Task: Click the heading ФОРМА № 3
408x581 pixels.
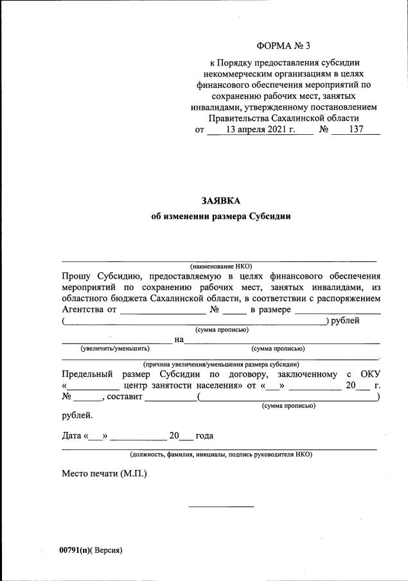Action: click(x=283, y=46)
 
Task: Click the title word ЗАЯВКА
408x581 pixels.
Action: click(x=220, y=201)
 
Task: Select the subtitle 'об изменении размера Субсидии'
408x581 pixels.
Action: click(x=220, y=216)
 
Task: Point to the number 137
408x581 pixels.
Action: click(x=356, y=130)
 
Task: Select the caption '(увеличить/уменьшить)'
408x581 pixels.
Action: click(x=115, y=349)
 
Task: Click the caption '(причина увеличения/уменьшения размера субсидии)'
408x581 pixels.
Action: click(x=220, y=364)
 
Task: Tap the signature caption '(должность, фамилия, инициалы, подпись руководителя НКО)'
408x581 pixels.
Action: click(x=220, y=454)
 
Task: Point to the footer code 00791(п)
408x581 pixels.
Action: click(x=73, y=550)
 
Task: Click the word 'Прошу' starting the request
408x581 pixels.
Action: click(x=76, y=275)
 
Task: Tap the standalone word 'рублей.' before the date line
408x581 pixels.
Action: click(x=77, y=415)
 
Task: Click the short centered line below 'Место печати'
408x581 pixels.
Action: click(x=220, y=507)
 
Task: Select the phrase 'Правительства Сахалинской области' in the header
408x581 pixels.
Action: click(x=283, y=118)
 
